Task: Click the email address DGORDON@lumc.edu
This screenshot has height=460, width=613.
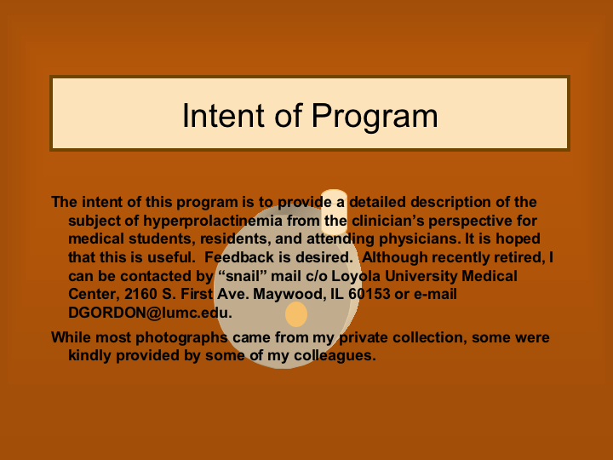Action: point(150,313)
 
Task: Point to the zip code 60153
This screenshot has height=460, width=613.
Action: point(369,294)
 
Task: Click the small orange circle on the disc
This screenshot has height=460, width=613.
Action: point(296,314)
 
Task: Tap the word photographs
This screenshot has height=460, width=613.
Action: point(181,338)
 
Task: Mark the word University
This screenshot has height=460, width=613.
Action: point(421,277)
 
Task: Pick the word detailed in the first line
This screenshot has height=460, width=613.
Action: point(377,202)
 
